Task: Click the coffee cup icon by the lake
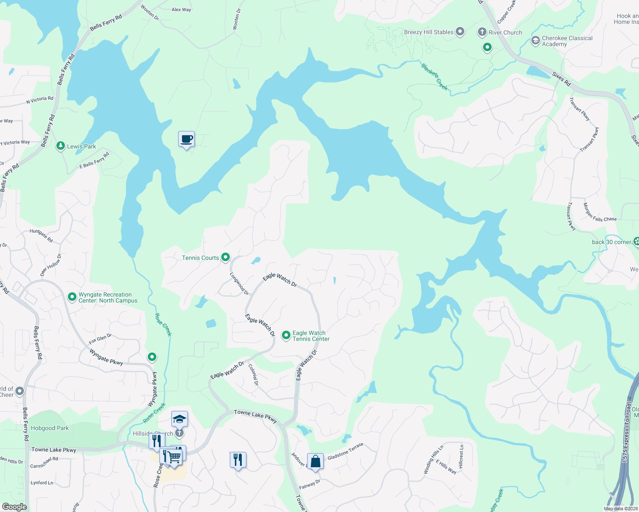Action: pyautogui.click(x=186, y=139)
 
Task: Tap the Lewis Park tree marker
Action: pyautogui.click(x=61, y=146)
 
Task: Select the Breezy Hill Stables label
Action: pyautogui.click(x=428, y=32)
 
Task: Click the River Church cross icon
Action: pyautogui.click(x=482, y=32)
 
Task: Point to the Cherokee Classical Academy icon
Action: pyautogui.click(x=535, y=41)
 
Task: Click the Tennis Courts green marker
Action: pyautogui.click(x=226, y=257)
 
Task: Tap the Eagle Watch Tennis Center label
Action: pyautogui.click(x=311, y=336)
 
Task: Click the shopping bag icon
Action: pyautogui.click(x=315, y=462)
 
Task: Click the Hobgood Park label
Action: pyautogui.click(x=50, y=428)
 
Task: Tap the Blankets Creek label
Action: pyautogui.click(x=434, y=77)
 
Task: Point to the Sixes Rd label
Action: pyautogui.click(x=561, y=79)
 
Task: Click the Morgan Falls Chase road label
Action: pyautogui.click(x=600, y=212)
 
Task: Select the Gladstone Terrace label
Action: pyautogui.click(x=345, y=451)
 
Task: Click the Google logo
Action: pyautogui.click(x=14, y=507)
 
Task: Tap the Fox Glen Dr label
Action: pyautogui.click(x=100, y=339)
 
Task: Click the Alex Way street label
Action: pyautogui.click(x=182, y=9)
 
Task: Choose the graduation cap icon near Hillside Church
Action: pyautogui.click(x=179, y=419)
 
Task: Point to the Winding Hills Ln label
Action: pyautogui.click(x=433, y=460)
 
